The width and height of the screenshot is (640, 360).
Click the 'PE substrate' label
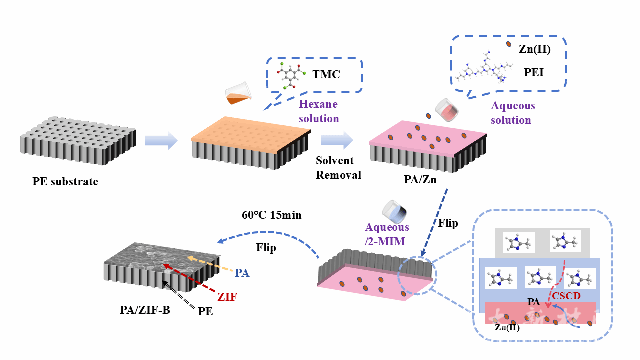click(x=65, y=182)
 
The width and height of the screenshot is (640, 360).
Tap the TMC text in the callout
click(x=326, y=75)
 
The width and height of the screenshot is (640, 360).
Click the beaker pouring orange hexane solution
click(x=237, y=94)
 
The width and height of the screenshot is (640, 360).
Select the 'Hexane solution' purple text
click(x=319, y=111)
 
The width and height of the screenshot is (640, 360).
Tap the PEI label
click(x=533, y=73)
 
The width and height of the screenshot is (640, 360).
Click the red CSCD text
click(x=566, y=296)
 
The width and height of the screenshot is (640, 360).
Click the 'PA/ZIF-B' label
click(x=145, y=310)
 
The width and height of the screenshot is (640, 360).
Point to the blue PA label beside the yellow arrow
click(x=242, y=273)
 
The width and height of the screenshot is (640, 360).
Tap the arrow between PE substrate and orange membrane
click(x=161, y=141)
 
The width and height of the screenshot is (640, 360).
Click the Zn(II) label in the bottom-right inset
click(x=507, y=328)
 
